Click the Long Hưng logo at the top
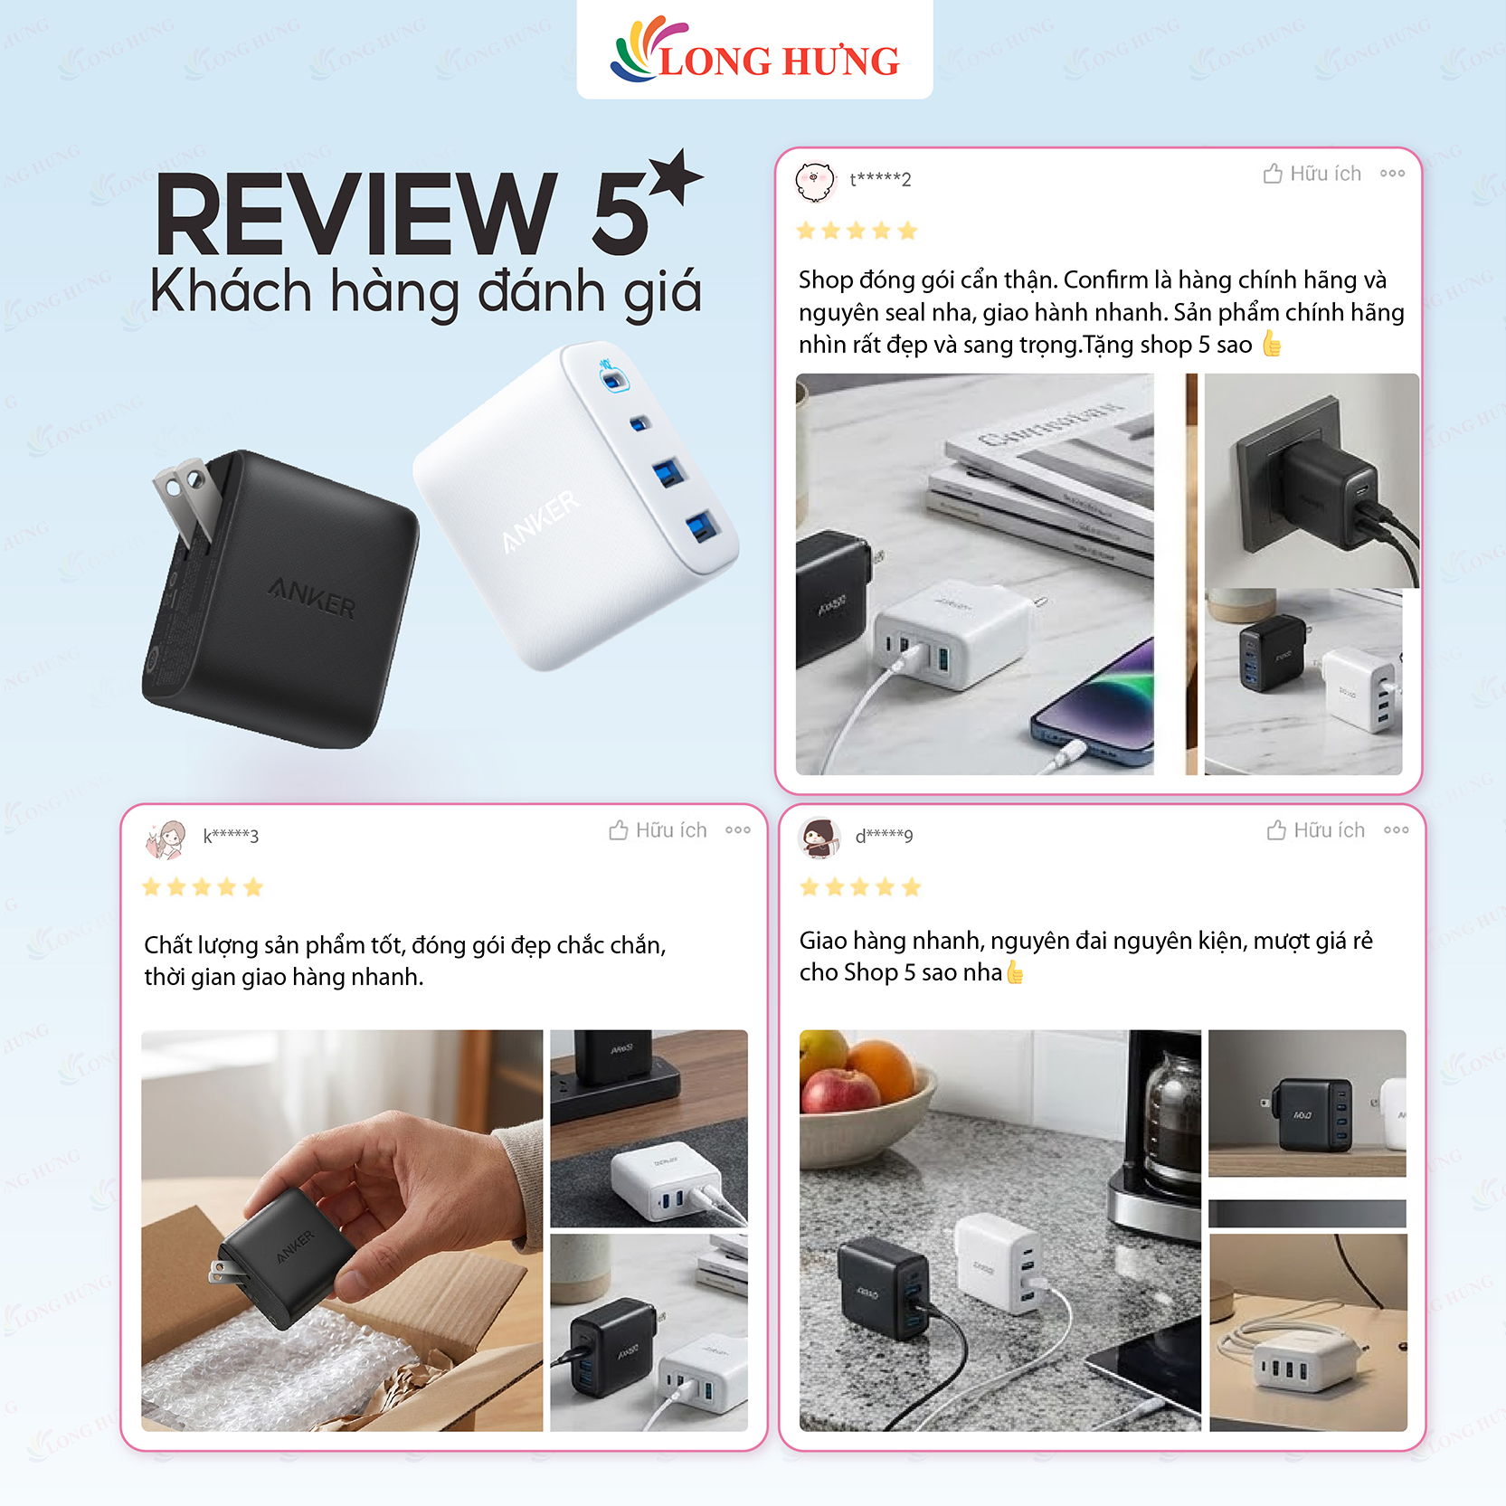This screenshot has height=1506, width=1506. pyautogui.click(x=754, y=52)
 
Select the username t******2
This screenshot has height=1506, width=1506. pyautogui.click(x=880, y=179)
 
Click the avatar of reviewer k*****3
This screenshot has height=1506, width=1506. pyautogui.click(x=166, y=838)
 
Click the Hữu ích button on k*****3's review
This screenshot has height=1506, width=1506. pyautogui.click(x=658, y=830)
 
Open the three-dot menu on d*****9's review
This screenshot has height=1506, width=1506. pyautogui.click(x=1396, y=830)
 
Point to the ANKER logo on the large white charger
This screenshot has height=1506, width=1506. pyautogui.click(x=541, y=520)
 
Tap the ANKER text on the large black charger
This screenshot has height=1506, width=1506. pyautogui.click(x=313, y=599)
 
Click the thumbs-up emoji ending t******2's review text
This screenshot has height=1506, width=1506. pyautogui.click(x=1272, y=344)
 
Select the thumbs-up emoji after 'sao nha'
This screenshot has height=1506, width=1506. pyautogui.click(x=1015, y=972)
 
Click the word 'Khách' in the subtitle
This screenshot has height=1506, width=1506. pyautogui.click(x=231, y=291)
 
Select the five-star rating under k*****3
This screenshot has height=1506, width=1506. pyautogui.click(x=203, y=887)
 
